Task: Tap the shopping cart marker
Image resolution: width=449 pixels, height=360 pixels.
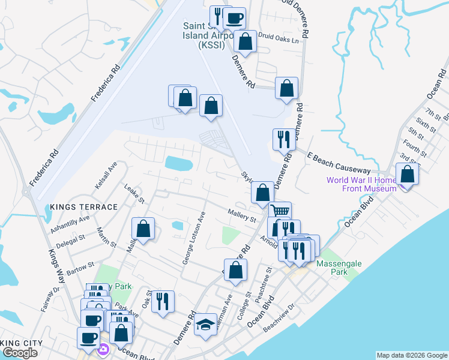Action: (280, 211)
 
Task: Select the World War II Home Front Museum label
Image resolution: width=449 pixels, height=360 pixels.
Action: (361, 184)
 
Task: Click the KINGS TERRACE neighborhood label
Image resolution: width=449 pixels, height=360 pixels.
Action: (84, 207)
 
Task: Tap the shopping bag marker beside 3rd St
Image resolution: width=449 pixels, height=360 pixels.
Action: (408, 175)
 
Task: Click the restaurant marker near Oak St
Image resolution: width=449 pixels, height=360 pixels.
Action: (163, 301)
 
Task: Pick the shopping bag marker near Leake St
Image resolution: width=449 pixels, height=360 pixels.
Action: (143, 229)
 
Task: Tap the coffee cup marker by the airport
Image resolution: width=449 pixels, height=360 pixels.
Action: (234, 18)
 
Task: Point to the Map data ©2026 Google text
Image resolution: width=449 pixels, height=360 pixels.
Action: (412, 355)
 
